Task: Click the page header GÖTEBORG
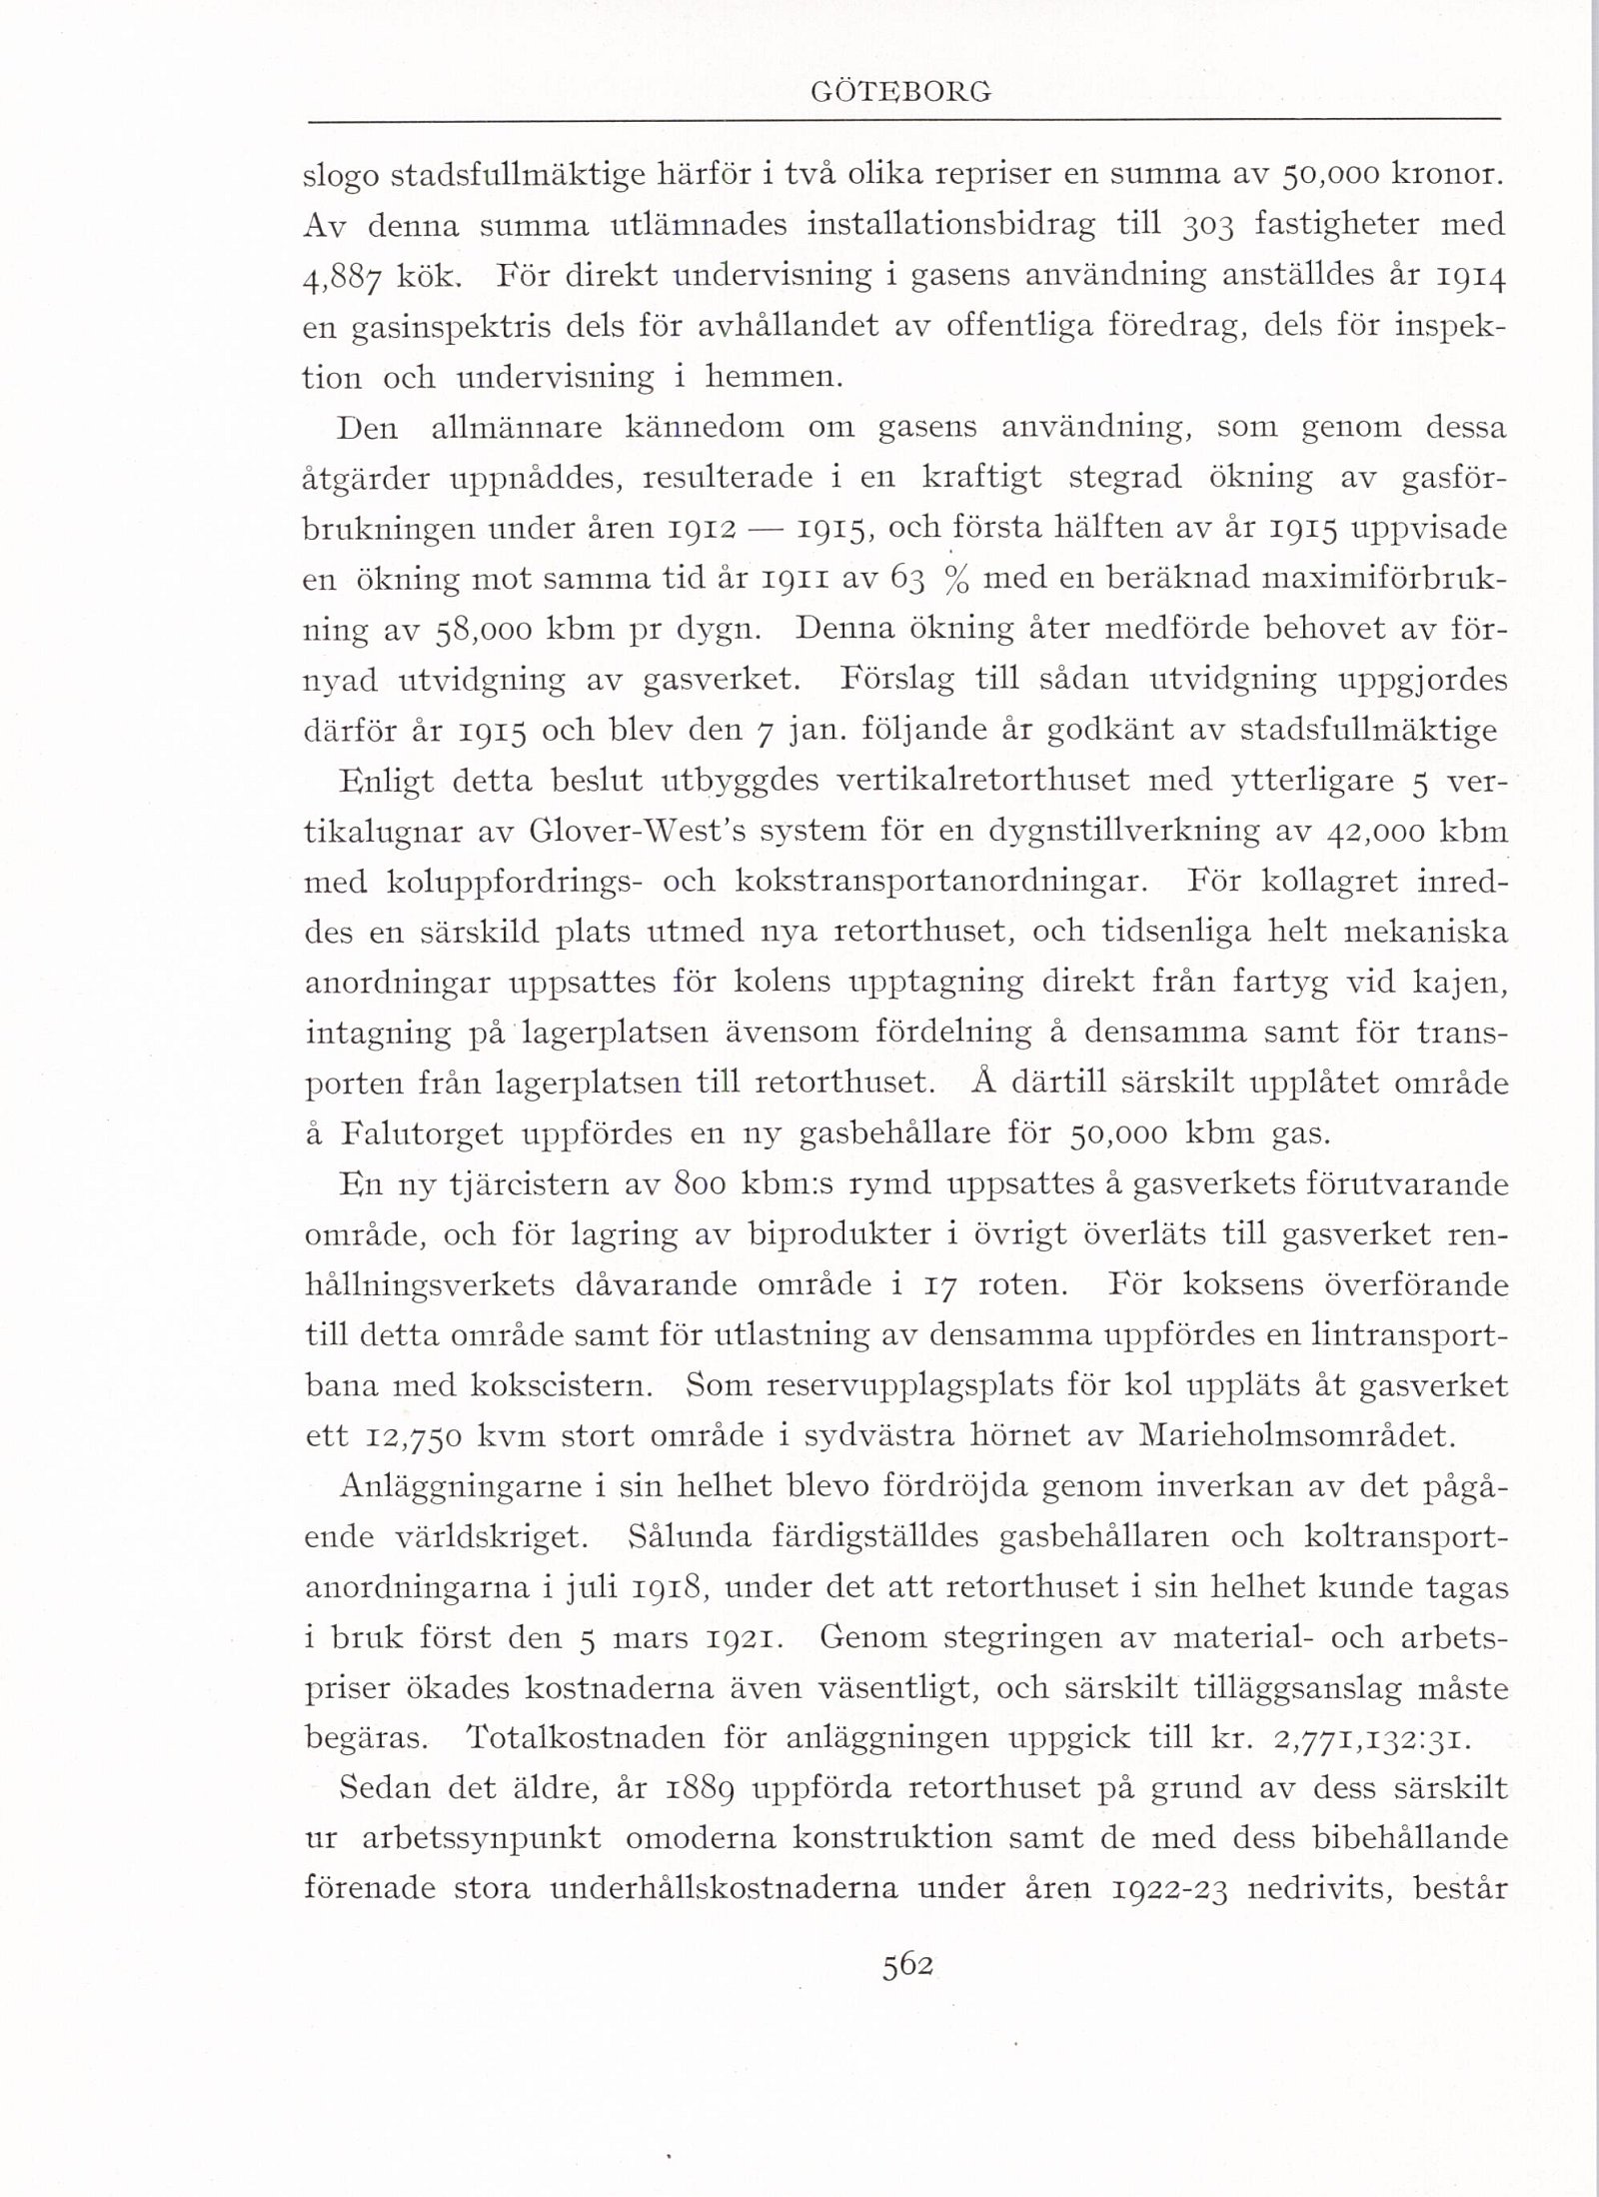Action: coord(903,92)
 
